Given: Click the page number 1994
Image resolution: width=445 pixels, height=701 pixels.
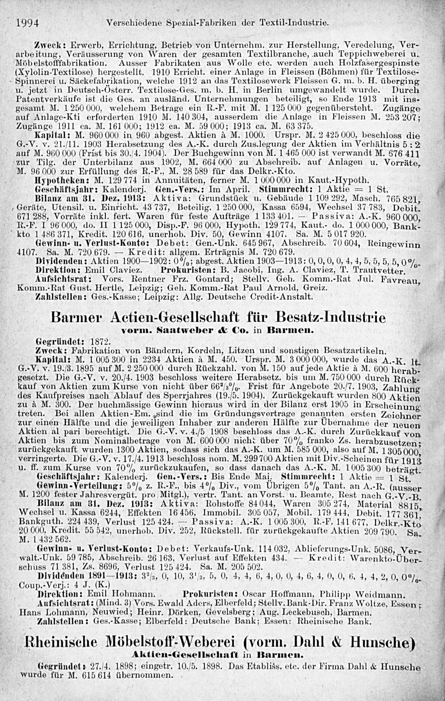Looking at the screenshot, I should [x=28, y=22].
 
